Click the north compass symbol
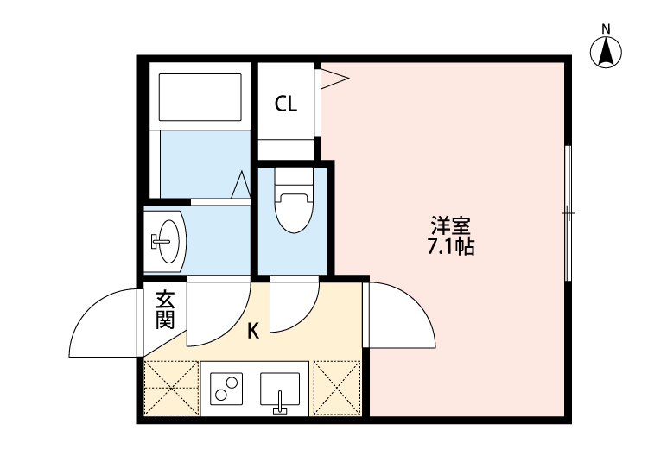pyautogui.click(x=607, y=52)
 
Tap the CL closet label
pyautogui.click(x=286, y=104)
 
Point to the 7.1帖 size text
pyautogui.click(x=450, y=247)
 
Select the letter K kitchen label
pyautogui.click(x=253, y=330)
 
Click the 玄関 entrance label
pyautogui.click(x=165, y=310)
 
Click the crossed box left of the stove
pyautogui.click(x=172, y=387)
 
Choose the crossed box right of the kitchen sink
pyautogui.click(x=337, y=387)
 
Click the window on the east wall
pyautogui.click(x=568, y=212)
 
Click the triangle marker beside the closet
pyautogui.click(x=334, y=79)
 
